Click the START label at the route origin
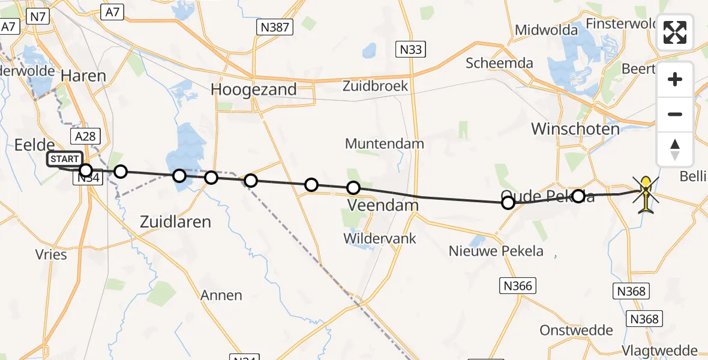[x=64, y=159]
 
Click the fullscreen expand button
[x=675, y=32]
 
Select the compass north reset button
[x=675, y=149]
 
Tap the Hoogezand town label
[x=253, y=89]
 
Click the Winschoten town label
[x=575, y=129]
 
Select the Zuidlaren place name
[x=175, y=222]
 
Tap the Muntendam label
[x=385, y=144]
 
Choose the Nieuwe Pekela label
[x=496, y=251]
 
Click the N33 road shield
[x=411, y=50]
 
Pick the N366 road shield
[x=518, y=286]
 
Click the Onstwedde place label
[x=576, y=330]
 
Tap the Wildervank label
[x=380, y=238]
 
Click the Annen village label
[x=222, y=295]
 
